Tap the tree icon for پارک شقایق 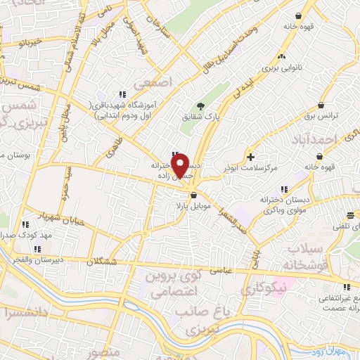click(201, 106)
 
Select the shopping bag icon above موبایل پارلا click(194, 186)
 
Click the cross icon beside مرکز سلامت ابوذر click(250, 155)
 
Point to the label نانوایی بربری click(281, 69)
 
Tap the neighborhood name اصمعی click(155, 82)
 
